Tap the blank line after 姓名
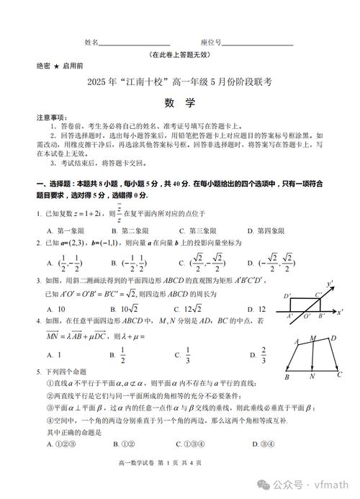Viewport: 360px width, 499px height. (x=135, y=44)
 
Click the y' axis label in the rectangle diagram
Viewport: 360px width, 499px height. (x=330, y=283)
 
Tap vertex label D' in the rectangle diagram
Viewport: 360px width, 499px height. (x=287, y=296)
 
